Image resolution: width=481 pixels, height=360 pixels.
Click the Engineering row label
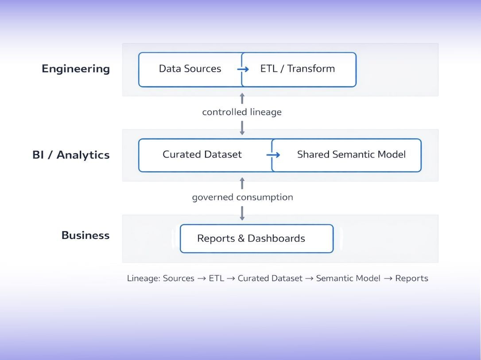coord(76,69)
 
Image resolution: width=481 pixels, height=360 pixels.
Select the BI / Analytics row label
coord(71,155)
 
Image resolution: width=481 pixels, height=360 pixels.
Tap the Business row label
coord(85,235)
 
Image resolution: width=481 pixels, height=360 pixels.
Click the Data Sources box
coord(190,69)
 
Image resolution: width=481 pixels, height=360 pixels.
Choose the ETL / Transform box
coord(298,69)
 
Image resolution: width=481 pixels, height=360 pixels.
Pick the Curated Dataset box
coord(202,155)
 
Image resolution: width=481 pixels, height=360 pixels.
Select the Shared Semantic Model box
coord(351,155)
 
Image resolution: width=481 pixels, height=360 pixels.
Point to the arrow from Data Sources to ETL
coord(243,69)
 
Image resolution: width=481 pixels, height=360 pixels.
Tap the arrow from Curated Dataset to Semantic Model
coord(273,155)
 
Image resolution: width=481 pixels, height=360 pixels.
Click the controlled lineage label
coord(242,112)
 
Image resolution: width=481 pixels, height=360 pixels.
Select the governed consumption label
coord(242,197)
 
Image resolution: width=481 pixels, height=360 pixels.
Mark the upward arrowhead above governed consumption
coord(242,181)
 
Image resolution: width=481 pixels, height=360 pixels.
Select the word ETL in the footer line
coord(216,278)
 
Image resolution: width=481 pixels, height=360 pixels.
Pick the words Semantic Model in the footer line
coord(348,278)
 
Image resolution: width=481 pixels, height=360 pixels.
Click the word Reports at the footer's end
coord(411,278)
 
